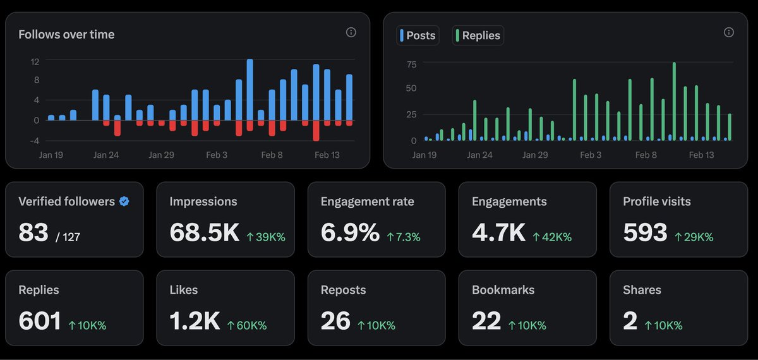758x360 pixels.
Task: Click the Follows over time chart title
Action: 66,35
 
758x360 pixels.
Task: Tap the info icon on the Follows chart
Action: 351,32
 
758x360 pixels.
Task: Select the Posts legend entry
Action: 418,35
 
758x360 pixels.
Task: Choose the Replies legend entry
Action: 478,35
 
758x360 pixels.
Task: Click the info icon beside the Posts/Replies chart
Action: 729,32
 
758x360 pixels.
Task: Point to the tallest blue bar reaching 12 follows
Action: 250,89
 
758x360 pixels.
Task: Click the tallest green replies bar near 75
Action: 674,101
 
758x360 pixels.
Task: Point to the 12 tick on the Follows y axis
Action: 35,61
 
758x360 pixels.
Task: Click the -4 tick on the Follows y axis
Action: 35,140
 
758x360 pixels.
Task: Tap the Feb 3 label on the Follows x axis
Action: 217,155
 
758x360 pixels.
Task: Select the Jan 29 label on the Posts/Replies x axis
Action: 534,155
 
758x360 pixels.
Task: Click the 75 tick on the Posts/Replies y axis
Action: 411,64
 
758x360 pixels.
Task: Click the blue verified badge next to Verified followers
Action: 125,201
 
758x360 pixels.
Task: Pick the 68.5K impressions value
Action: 204,233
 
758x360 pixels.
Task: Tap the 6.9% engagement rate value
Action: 350,233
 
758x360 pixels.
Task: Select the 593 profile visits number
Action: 645,233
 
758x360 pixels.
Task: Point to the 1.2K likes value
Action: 195,321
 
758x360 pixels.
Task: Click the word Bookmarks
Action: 503,290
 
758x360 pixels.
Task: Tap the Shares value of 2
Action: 630,321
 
